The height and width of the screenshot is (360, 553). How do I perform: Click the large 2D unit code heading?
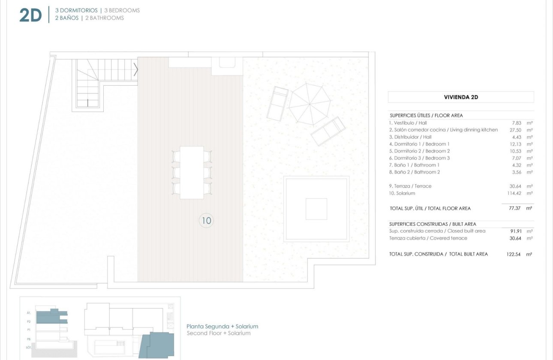point(30,15)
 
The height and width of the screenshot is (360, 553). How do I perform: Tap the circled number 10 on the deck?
point(206,221)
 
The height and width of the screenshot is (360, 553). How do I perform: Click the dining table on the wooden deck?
point(192,172)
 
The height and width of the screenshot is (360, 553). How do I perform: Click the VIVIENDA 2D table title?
point(461,97)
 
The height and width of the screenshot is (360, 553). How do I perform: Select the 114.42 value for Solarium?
point(509,193)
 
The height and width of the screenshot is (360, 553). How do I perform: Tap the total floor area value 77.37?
point(510,208)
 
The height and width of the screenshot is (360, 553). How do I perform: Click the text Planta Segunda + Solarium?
point(222,327)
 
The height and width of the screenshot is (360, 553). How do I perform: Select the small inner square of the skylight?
point(316,209)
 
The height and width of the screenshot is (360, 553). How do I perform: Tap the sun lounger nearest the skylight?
point(328,131)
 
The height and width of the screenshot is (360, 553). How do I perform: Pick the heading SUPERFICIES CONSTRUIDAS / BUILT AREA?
point(433,224)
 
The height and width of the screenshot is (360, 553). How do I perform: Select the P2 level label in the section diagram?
point(29,321)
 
